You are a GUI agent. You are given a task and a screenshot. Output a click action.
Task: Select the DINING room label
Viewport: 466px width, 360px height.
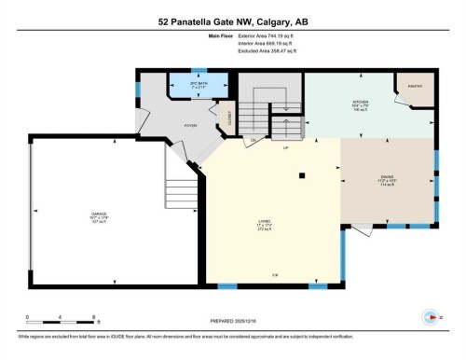pos(385,178)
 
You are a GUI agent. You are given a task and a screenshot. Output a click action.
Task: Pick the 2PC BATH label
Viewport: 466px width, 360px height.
pos(196,83)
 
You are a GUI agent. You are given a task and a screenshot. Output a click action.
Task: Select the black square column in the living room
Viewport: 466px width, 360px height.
pos(302,174)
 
